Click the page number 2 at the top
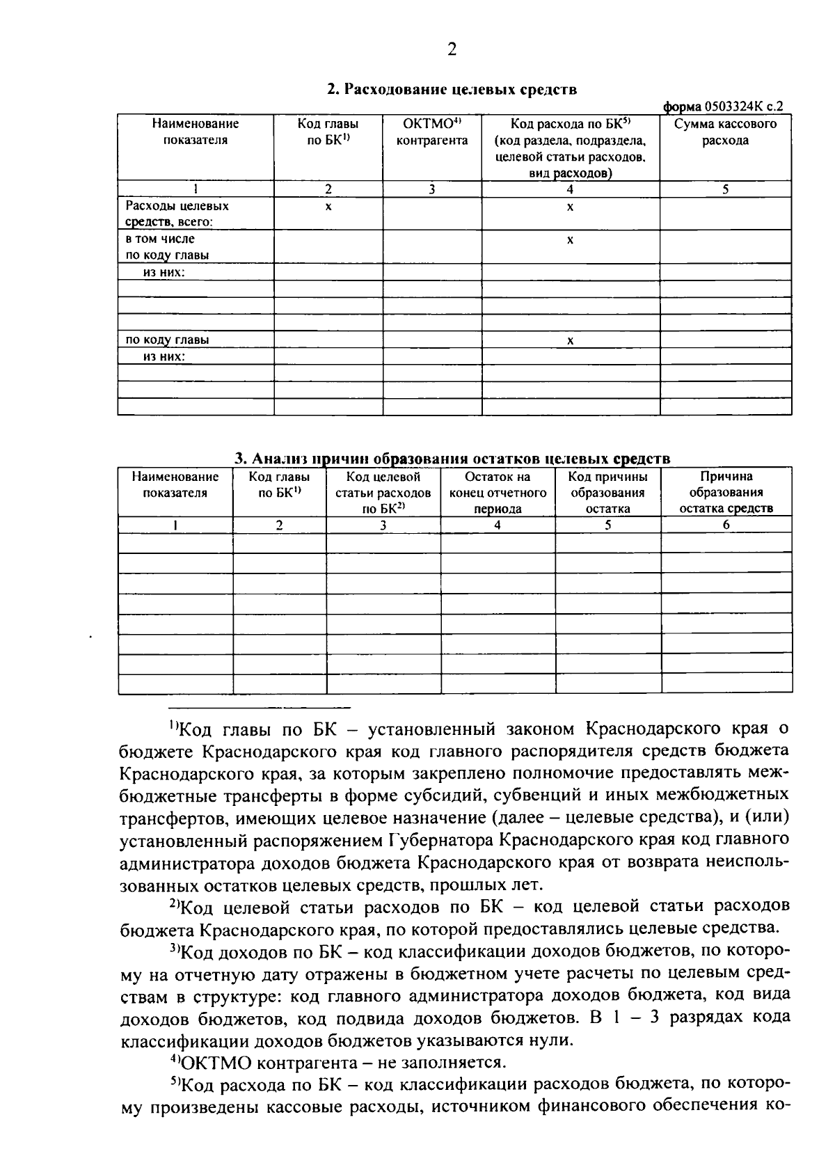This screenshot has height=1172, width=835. point(452,49)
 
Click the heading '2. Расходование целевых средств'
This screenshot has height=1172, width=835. point(452,90)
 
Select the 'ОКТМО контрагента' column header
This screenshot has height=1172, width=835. point(431,132)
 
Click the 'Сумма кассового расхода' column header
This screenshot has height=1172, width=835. point(725,132)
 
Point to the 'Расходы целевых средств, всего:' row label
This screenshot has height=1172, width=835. point(177,214)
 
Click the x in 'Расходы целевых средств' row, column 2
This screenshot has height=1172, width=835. point(328,207)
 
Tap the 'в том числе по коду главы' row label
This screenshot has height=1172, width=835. point(167,247)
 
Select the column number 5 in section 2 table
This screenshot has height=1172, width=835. point(725,189)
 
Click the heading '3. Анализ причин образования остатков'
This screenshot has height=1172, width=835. point(452,458)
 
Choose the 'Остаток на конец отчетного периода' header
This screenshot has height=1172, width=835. point(498,493)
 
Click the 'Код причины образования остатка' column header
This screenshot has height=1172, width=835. point(607,493)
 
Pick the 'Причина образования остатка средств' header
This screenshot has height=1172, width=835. point(726,493)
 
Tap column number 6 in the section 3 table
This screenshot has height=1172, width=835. point(726,525)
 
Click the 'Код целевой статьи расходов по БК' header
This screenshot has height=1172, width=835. point(383,493)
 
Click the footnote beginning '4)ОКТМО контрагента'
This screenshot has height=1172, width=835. point(337,1063)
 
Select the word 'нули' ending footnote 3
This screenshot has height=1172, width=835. point(555,1041)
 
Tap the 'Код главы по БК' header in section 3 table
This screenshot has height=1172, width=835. point(279,485)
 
